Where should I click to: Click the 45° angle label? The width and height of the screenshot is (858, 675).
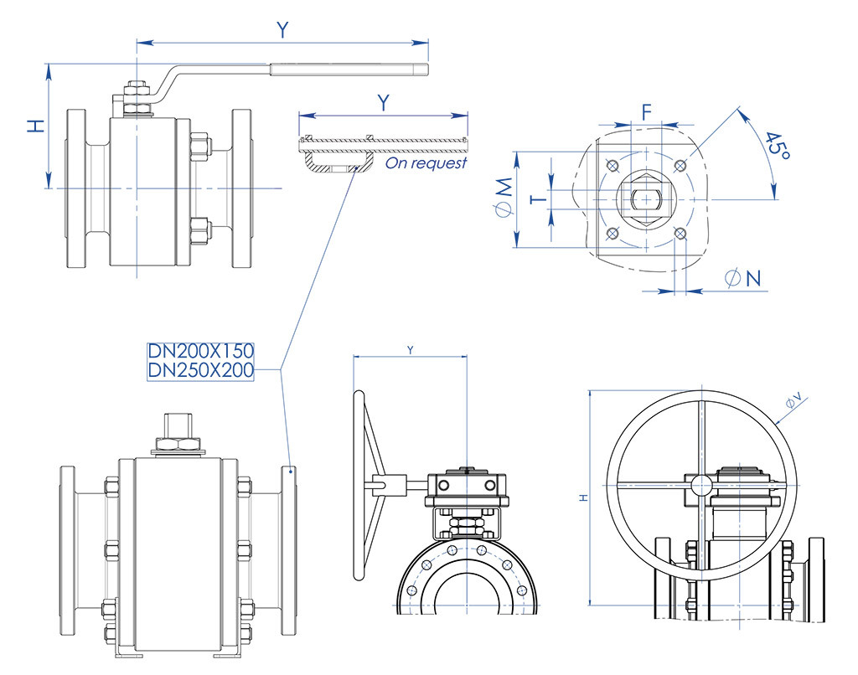(777, 149)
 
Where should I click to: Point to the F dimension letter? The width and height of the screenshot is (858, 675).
(646, 111)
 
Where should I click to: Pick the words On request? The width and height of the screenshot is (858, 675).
(426, 163)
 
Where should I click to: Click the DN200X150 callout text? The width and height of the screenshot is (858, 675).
(201, 350)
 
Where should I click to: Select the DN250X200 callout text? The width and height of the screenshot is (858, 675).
(201, 370)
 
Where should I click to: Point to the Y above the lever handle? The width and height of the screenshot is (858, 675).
(283, 30)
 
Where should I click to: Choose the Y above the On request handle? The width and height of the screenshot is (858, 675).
(383, 103)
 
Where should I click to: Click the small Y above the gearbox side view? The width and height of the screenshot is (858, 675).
(410, 348)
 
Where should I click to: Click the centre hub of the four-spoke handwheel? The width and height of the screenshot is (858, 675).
(700, 483)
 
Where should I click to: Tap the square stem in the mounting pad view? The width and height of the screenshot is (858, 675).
(646, 198)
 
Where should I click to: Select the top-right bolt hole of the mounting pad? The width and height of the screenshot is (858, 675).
(680, 164)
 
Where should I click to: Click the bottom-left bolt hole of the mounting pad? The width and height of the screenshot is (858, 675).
(612, 233)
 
